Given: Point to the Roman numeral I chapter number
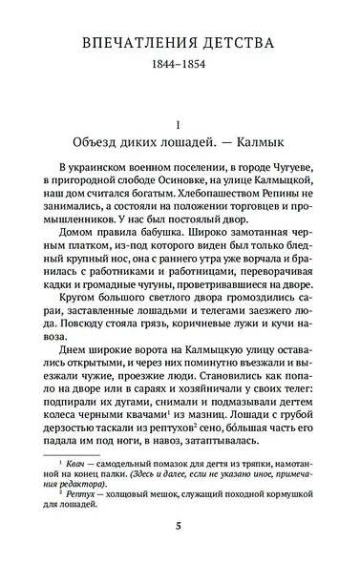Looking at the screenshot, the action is click(x=180, y=125).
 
